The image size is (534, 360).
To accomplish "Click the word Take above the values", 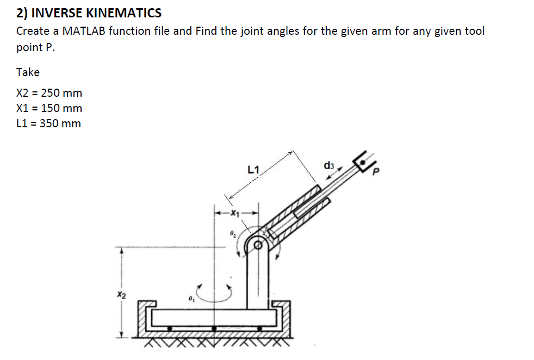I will (28, 72).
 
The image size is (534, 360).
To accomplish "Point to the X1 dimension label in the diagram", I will (234, 213).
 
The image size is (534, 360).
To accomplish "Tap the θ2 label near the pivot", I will (232, 234).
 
